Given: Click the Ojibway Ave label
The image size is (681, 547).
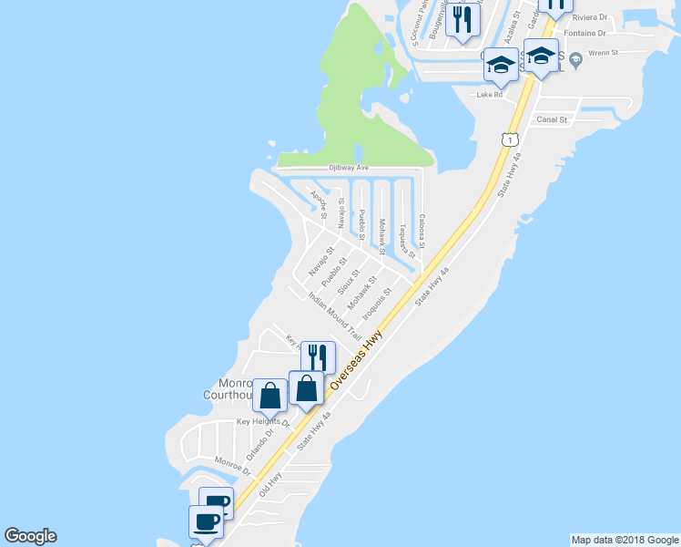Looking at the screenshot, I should point(349,168).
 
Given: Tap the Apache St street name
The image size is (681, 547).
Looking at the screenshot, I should point(318,201).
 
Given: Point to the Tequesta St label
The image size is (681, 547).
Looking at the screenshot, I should point(401,239).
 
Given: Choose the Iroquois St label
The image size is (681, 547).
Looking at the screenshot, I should point(376,304).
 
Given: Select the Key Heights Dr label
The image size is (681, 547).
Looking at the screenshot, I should point(262,422).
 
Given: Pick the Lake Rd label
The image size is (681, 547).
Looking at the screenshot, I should point(490,94).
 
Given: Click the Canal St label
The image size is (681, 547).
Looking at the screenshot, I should point(552,119).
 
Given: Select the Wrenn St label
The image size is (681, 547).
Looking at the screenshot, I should point(603,53).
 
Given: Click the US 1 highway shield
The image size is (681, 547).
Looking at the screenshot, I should point(509,138).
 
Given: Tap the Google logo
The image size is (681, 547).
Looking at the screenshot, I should point(30,536).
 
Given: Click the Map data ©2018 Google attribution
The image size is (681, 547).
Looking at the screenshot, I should point(625,540).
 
